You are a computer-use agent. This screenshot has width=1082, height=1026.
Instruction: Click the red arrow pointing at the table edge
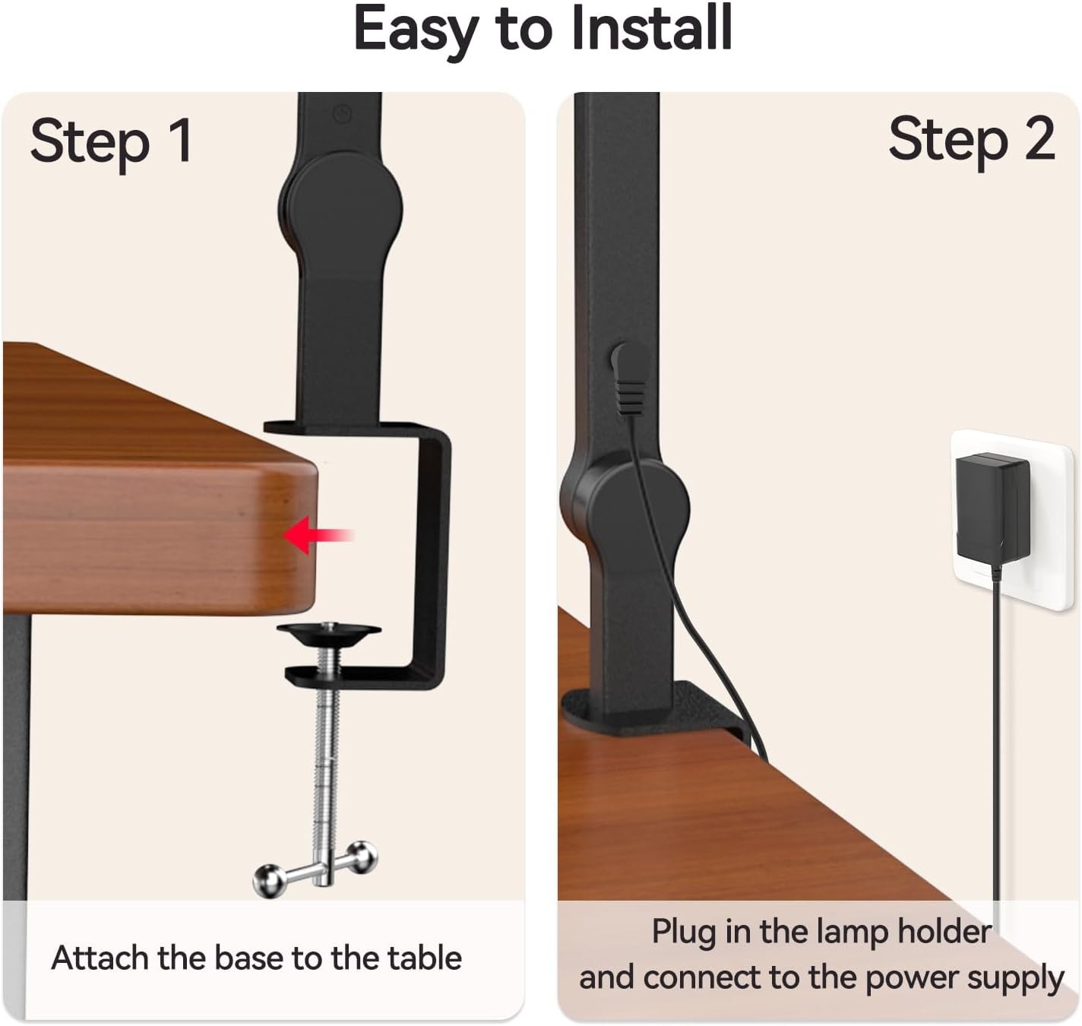318,535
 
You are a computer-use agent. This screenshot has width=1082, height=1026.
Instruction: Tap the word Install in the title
652,27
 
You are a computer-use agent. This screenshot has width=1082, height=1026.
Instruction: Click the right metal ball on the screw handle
362,857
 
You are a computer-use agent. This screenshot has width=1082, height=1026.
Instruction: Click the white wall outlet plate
1011,520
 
